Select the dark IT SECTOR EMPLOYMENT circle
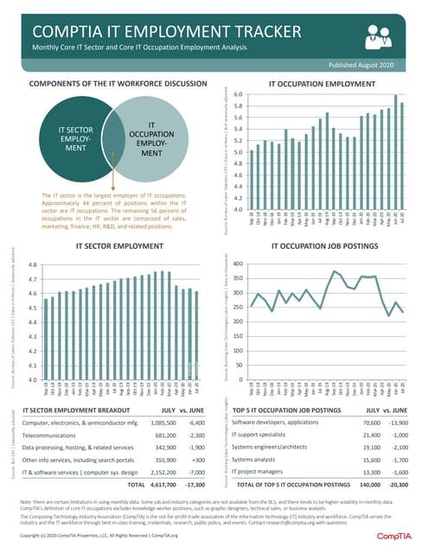click(75, 142)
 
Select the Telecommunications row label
click(54, 436)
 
